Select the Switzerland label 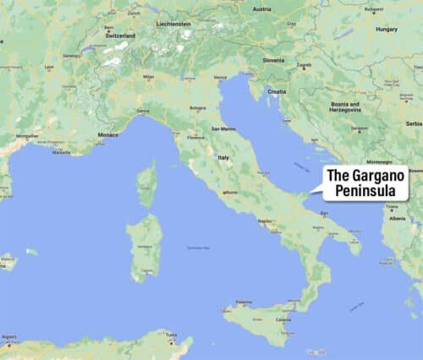click(119, 36)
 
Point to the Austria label click(262, 9)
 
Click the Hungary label click(387, 29)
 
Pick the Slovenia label click(273, 60)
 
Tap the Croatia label click(277, 90)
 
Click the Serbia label click(413, 123)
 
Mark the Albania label click(397, 217)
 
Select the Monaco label click(108, 134)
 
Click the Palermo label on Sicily click(244, 302)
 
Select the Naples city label click(265, 221)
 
